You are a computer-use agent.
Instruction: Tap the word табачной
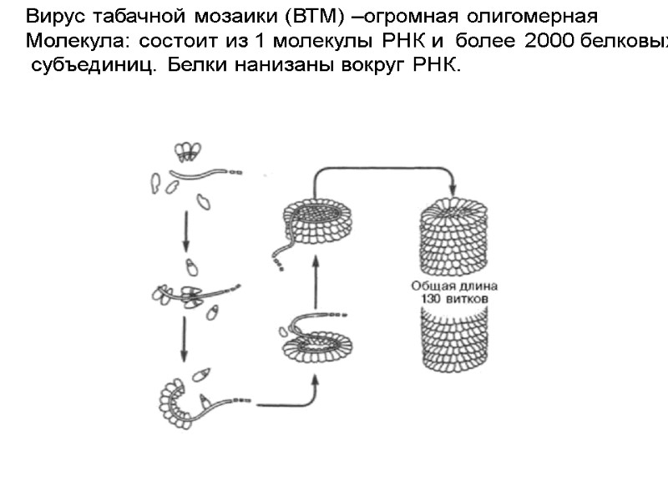[x=123, y=16]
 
